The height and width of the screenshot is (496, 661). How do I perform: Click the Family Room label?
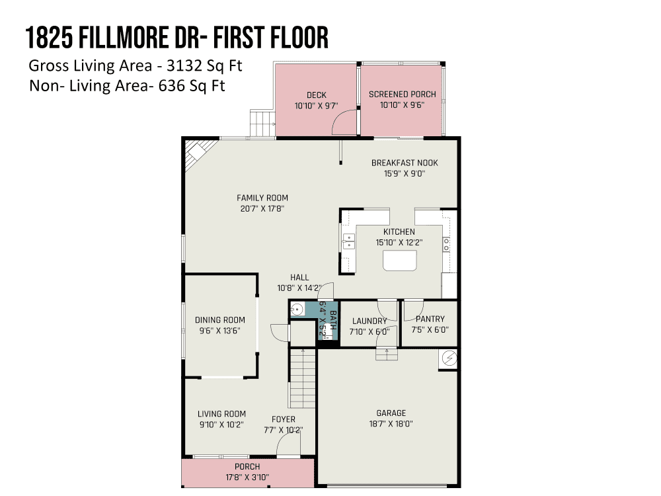(x=262, y=198)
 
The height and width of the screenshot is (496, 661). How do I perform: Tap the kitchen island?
(x=400, y=261)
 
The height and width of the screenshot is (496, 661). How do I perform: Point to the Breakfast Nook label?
(x=405, y=163)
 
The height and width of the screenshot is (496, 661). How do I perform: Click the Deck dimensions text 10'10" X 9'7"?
(x=316, y=106)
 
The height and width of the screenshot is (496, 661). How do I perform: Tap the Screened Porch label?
(x=402, y=95)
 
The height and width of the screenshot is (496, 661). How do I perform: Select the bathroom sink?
(x=297, y=310)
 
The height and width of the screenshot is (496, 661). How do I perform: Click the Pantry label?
(x=430, y=319)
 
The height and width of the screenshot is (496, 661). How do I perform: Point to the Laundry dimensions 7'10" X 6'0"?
(x=369, y=332)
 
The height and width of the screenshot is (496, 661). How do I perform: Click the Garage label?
(x=391, y=413)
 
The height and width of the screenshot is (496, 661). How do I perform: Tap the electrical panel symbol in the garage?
(x=449, y=358)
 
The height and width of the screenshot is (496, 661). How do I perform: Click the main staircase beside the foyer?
(x=302, y=378)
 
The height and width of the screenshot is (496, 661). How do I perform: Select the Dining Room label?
(x=219, y=320)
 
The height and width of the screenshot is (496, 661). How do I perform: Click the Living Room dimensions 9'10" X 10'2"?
(x=221, y=425)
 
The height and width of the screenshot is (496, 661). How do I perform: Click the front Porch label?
(x=247, y=466)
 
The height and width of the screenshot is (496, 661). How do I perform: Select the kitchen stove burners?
(x=446, y=245)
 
